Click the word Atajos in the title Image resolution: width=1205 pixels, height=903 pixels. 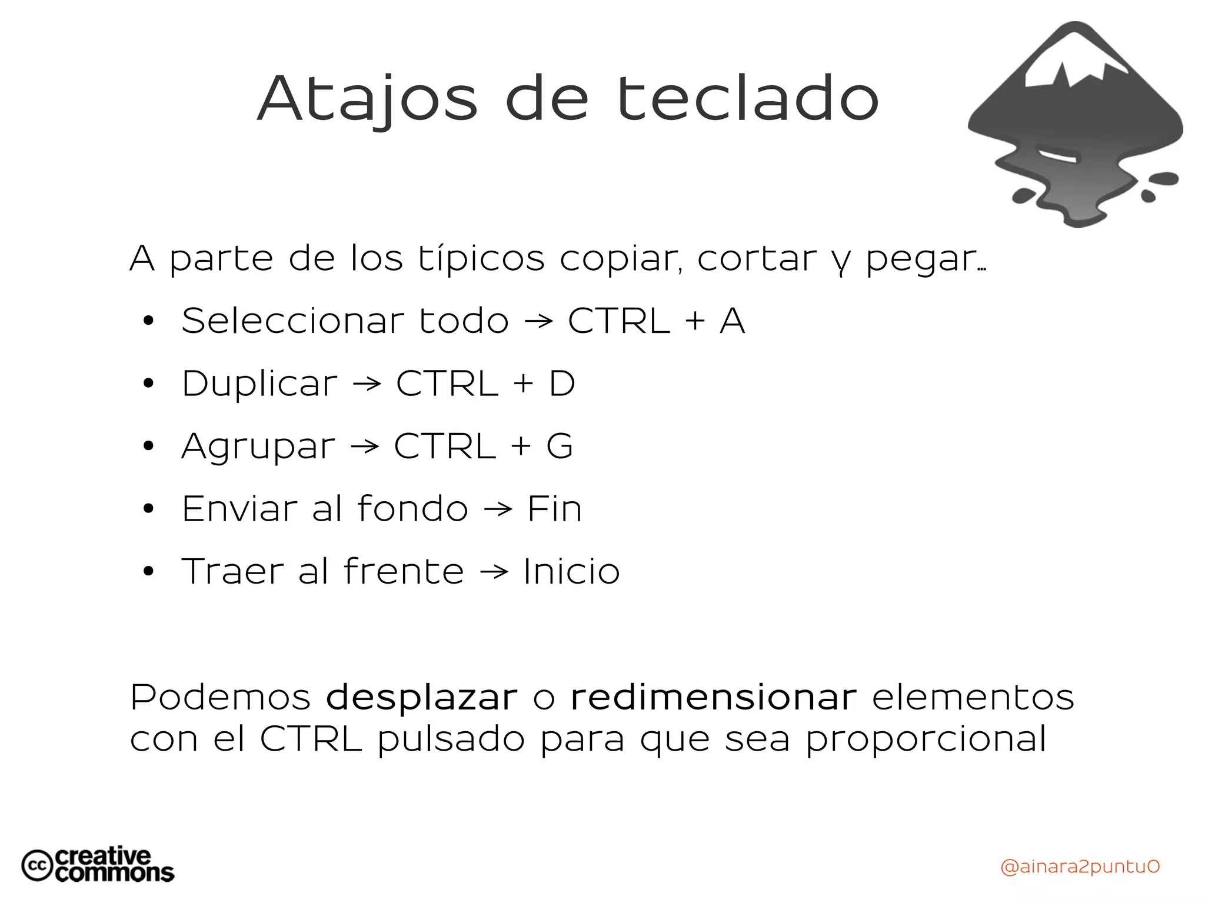(367, 99)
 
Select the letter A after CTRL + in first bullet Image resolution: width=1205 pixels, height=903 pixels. (732, 321)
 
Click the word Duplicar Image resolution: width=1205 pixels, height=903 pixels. (259, 384)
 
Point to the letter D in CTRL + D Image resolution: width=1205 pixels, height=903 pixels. (561, 384)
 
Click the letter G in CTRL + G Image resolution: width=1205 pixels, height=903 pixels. (559, 446)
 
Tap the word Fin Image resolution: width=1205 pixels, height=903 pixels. (554, 509)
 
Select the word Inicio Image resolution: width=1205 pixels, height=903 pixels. (571, 572)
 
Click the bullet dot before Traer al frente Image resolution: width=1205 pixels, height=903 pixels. (148, 571)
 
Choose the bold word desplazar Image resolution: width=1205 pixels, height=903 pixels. (422, 698)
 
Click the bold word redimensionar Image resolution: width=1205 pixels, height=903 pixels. (713, 698)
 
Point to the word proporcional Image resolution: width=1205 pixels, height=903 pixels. (926, 740)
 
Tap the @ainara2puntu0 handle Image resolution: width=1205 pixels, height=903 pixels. (1080, 867)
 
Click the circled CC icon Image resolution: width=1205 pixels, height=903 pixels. (37, 865)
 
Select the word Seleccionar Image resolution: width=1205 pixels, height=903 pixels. (292, 321)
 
